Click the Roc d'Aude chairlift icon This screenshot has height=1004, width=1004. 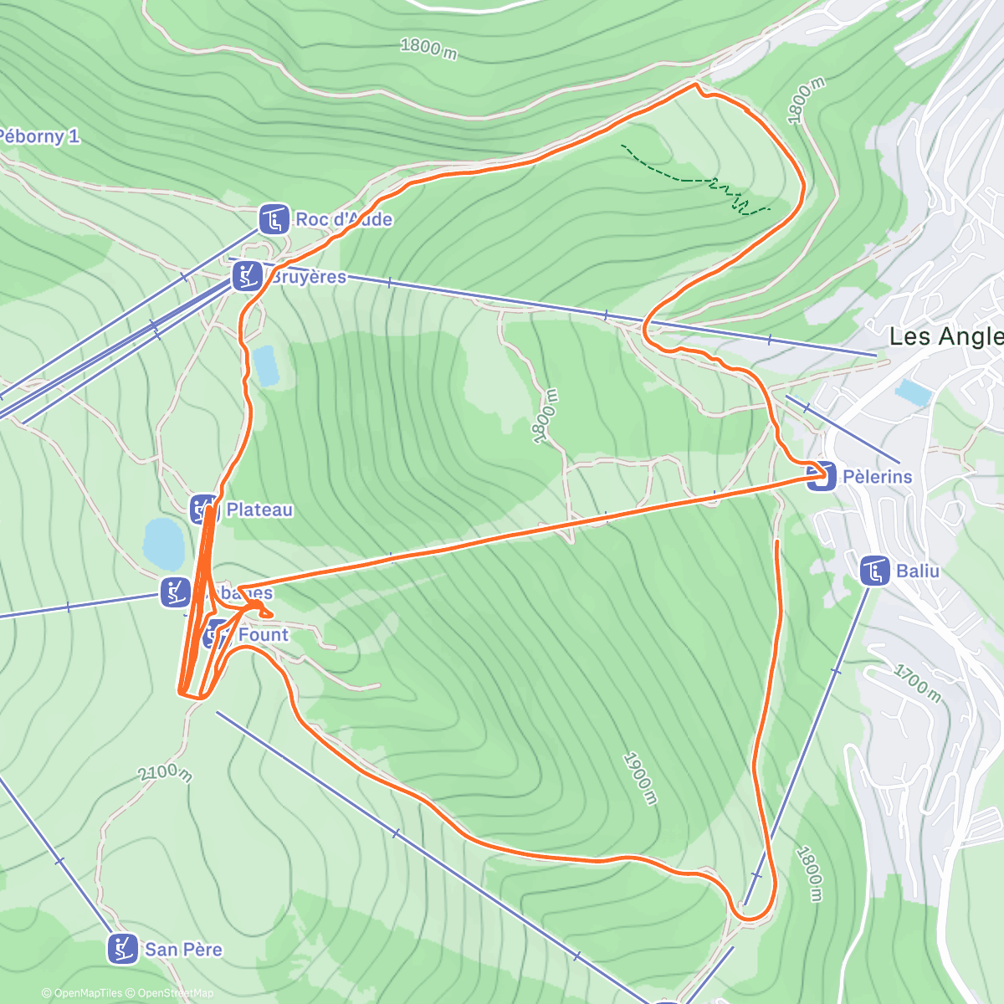[274, 219]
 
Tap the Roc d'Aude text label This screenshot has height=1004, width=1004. [344, 219]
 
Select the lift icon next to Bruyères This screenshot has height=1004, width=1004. [246, 275]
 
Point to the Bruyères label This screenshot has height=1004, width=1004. [308, 277]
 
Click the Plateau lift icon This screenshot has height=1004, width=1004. [204, 509]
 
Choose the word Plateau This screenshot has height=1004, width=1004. [259, 510]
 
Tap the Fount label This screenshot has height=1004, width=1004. [263, 635]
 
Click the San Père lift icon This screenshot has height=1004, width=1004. [123, 949]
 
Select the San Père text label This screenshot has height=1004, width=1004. [183, 950]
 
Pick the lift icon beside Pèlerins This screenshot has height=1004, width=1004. [821, 476]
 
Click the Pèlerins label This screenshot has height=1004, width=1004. [877, 477]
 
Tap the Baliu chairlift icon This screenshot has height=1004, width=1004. [874, 571]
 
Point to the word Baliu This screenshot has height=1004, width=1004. [918, 571]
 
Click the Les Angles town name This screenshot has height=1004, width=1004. [945, 336]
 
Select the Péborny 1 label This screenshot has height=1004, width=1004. [38, 136]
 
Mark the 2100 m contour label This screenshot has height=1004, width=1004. [165, 772]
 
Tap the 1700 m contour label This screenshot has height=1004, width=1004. [917, 684]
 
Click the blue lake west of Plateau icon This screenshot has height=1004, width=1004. [163, 543]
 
